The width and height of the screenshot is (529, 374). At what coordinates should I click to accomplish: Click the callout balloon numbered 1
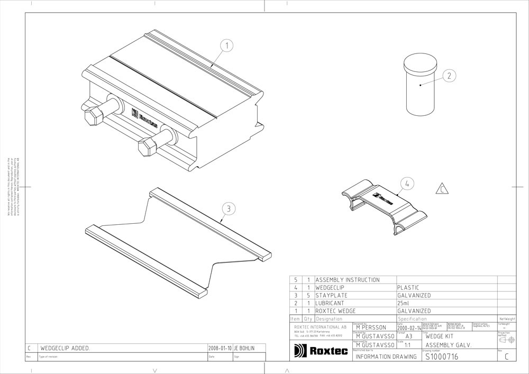click(227, 46)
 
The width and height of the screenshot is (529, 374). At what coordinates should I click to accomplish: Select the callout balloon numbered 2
click(449, 76)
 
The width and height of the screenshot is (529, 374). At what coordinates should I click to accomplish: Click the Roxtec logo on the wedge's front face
click(143, 118)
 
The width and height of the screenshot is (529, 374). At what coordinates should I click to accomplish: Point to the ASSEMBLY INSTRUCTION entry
click(348, 280)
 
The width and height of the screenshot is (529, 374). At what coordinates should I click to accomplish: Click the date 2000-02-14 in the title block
click(409, 327)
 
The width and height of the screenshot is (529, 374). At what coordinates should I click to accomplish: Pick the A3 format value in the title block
click(408, 336)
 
